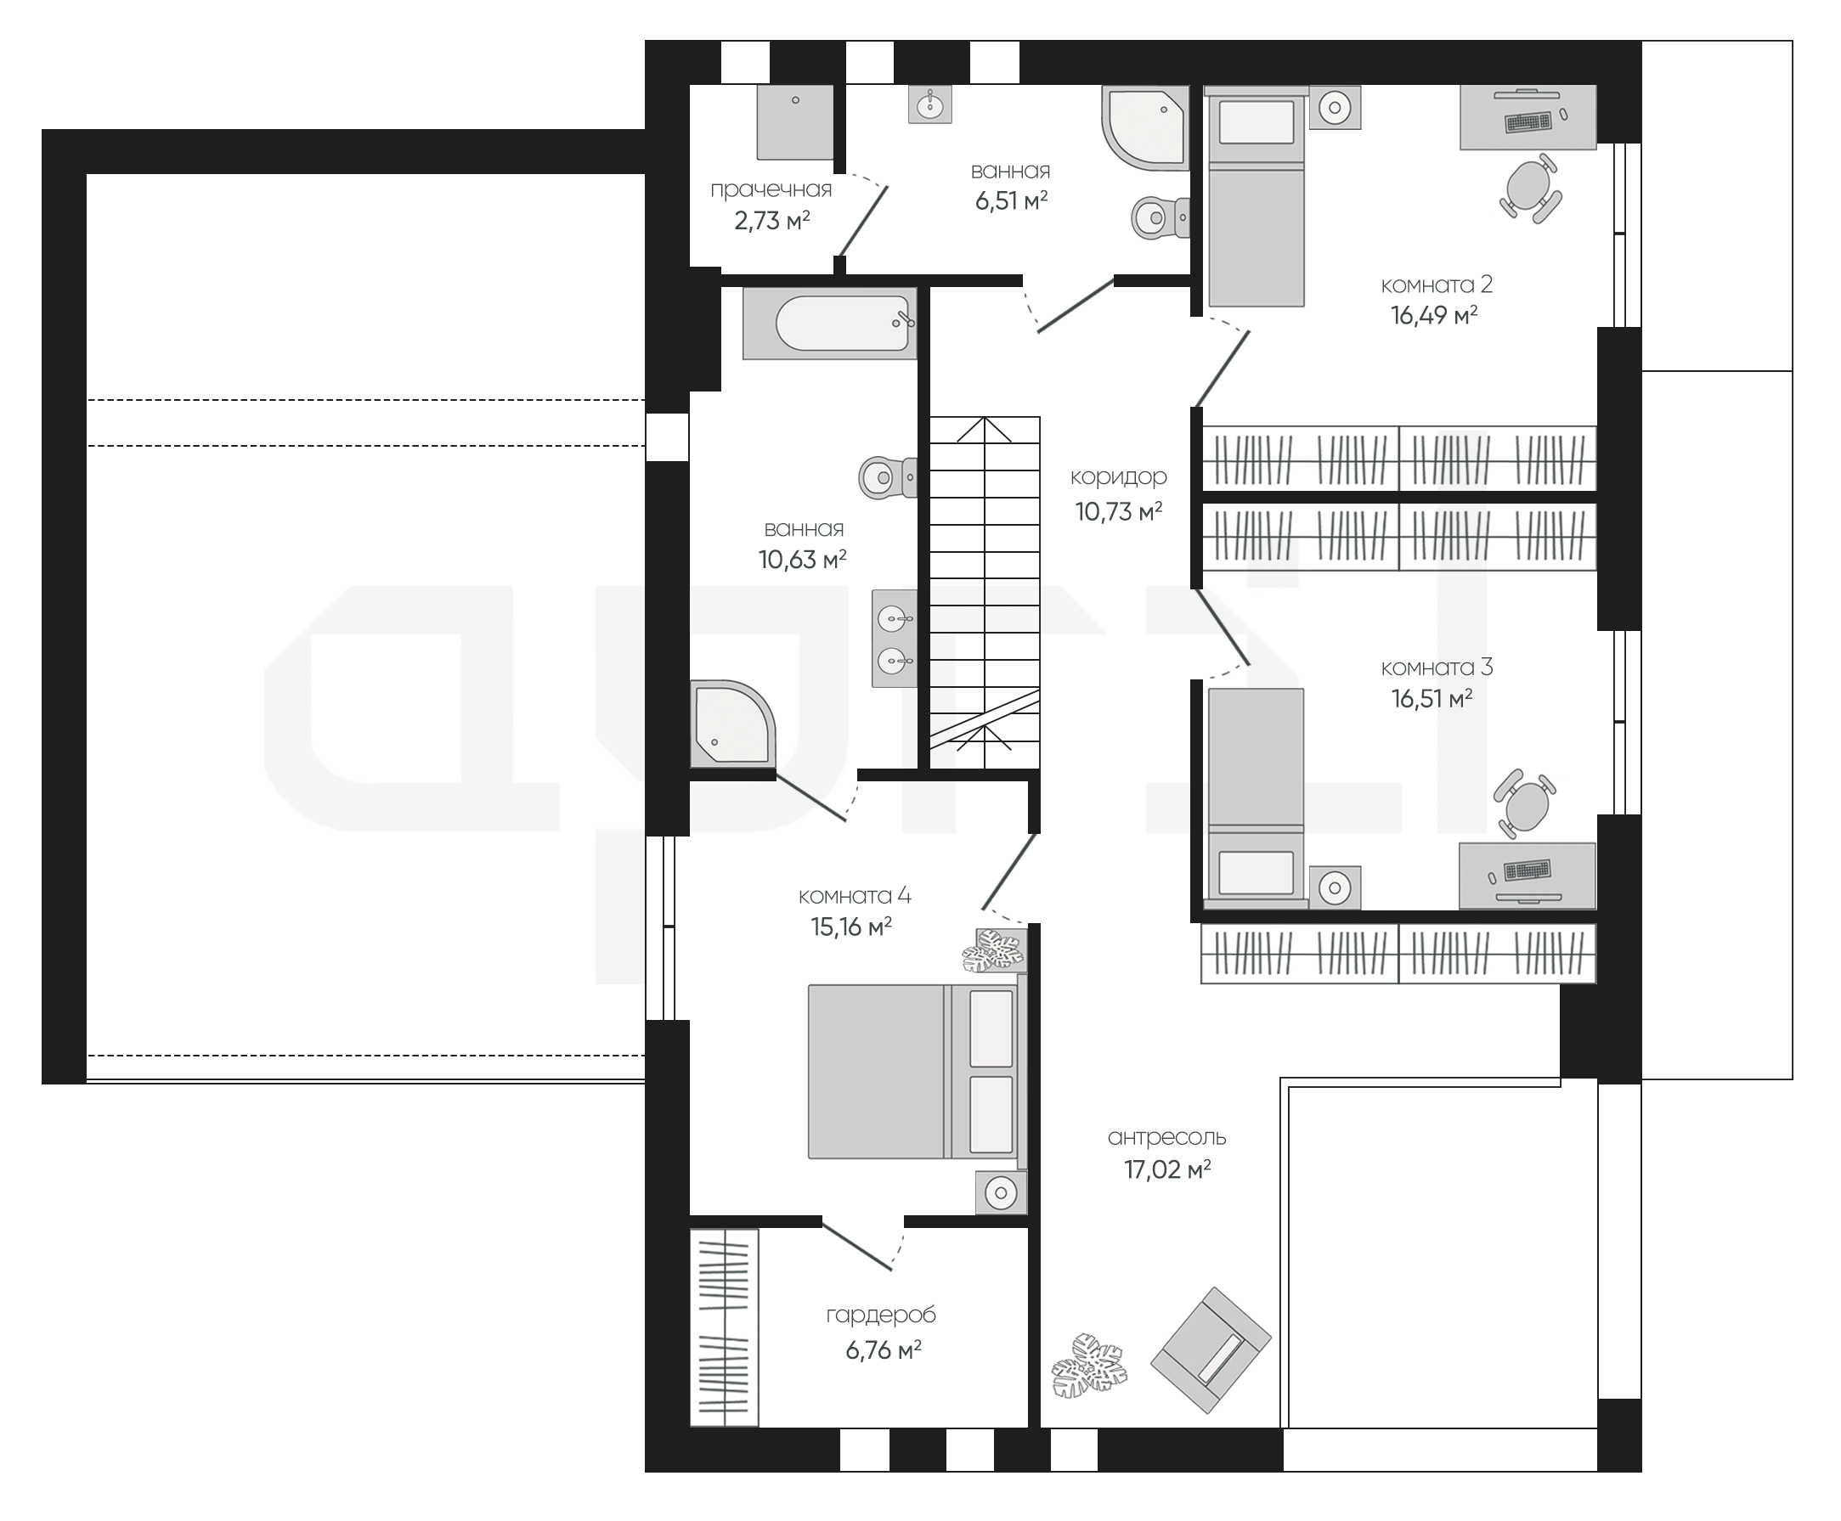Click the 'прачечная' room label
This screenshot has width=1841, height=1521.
click(771, 190)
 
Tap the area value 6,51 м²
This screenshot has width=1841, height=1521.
click(1011, 201)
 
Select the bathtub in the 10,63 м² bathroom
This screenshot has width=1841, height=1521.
click(830, 324)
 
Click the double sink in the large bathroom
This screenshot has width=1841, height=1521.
click(895, 638)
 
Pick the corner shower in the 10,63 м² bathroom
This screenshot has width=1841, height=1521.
click(732, 724)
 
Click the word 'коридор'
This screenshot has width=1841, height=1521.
click(1118, 477)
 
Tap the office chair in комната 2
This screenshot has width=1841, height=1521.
click(1530, 189)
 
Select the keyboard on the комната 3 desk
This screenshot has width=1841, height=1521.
click(1528, 870)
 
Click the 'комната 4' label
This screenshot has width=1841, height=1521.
click(855, 895)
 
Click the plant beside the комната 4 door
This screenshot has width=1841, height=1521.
click(994, 951)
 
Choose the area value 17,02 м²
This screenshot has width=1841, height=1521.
click(1167, 1169)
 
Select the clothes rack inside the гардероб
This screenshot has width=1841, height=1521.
click(725, 1327)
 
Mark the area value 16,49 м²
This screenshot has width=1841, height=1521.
click(1433, 315)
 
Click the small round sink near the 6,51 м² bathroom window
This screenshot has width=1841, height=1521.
click(929, 104)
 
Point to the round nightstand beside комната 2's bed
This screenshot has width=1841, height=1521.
click(1335, 108)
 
